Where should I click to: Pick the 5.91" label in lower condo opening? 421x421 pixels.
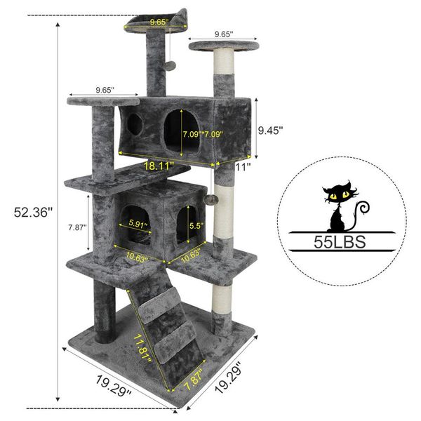tap(139, 225)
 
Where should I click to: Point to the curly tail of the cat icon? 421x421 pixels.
tap(362, 208)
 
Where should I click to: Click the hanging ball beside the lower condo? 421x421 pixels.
tap(213, 201)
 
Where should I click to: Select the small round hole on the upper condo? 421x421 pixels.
tap(135, 123)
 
